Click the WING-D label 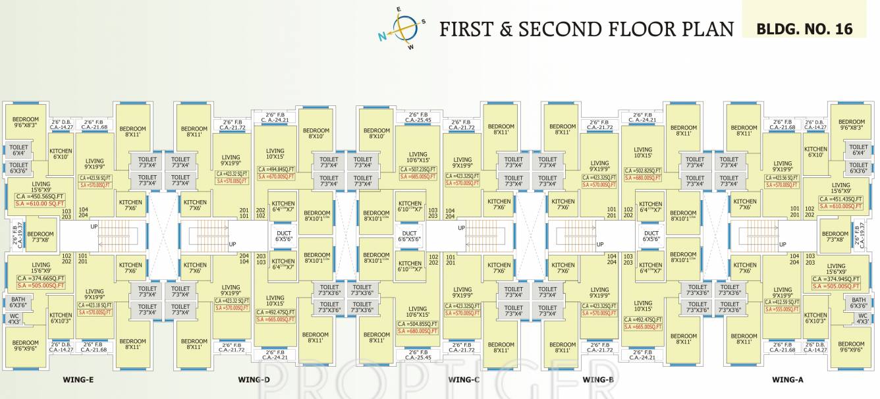[x=254, y=379]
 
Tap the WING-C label [x=464, y=379]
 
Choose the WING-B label [x=598, y=379]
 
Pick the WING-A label [x=787, y=379]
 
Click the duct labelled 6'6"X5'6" [x=409, y=237]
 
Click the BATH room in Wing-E [x=18, y=302]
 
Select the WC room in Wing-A [x=862, y=319]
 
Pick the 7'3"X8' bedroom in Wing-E [x=40, y=236]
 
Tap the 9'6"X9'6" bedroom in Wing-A [x=847, y=347]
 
